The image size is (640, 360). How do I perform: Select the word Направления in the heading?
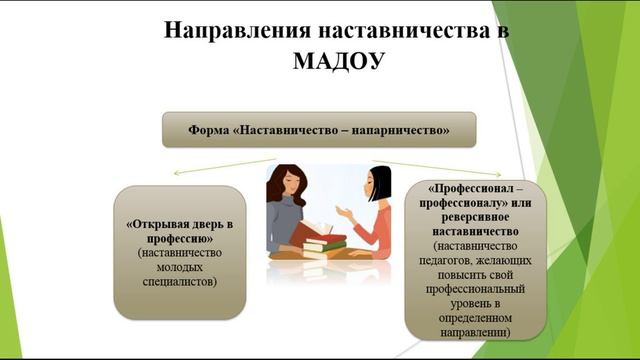[x=228, y=29]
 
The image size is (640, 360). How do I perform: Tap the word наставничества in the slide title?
[x=401, y=29]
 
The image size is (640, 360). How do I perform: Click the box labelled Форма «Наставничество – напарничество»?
[x=319, y=130]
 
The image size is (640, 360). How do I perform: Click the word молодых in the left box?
[x=180, y=267]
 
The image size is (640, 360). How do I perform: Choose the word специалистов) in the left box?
[x=180, y=282]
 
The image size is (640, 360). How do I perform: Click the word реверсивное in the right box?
[x=470, y=216]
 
